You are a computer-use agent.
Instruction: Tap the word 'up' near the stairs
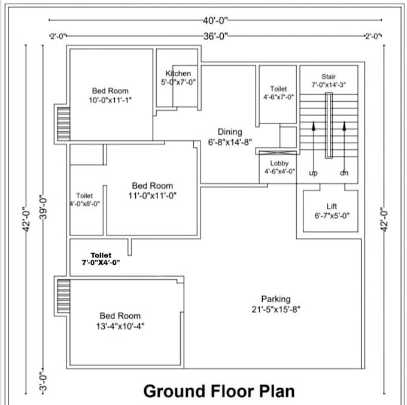313,173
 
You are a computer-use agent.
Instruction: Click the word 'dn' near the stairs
344,173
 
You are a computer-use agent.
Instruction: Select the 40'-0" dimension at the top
215,20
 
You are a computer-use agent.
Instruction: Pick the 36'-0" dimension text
215,36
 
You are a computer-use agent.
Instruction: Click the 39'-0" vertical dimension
43,207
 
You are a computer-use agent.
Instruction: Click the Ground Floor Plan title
219,391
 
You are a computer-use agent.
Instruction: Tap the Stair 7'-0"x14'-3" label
329,80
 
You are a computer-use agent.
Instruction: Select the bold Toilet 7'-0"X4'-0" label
101,259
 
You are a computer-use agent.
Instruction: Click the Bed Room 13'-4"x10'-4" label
120,321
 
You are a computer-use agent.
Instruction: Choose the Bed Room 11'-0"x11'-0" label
153,191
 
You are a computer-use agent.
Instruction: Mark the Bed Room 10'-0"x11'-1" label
110,95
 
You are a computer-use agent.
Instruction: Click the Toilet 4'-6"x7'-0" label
278,93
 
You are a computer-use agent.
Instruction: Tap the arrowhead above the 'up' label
314,126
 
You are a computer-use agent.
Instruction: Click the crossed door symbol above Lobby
278,153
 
